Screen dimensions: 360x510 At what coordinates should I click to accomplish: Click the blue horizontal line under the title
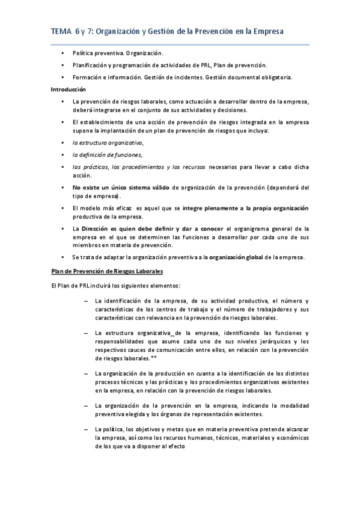tap(180, 44)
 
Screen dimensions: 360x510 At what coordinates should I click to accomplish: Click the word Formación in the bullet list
tap(88, 77)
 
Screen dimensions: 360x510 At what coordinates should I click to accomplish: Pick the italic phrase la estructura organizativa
tap(108, 143)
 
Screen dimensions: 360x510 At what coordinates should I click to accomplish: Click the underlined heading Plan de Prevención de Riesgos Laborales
tap(107, 272)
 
